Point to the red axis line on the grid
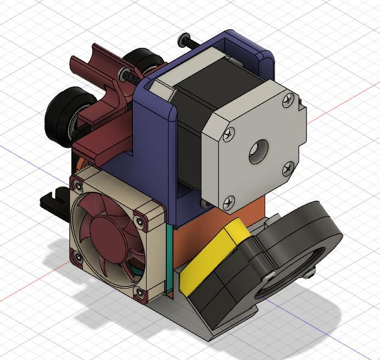point(340,109)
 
